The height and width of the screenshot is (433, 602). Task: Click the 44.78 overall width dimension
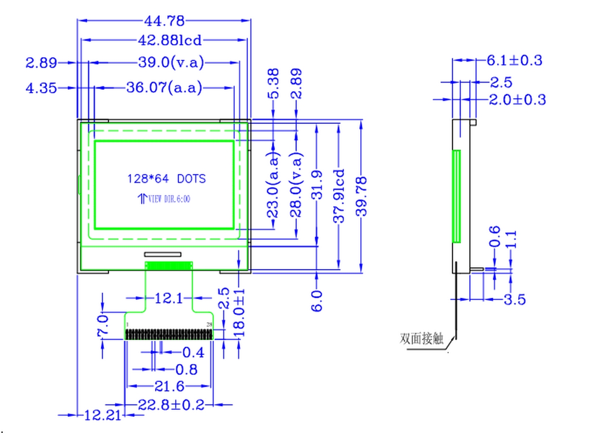pyautogui.click(x=164, y=21)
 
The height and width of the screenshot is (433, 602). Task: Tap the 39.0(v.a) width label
pyautogui.click(x=171, y=63)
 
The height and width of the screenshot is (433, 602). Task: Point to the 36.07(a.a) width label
pyautogui.click(x=164, y=88)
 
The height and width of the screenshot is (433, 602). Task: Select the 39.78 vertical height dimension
pyautogui.click(x=361, y=196)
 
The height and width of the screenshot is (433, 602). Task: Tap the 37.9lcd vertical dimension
pyautogui.click(x=340, y=195)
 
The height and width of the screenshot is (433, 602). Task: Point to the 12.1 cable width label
pyautogui.click(x=169, y=299)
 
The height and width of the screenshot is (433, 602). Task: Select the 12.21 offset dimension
pyautogui.click(x=103, y=415)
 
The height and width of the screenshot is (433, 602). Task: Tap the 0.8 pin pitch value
pyautogui.click(x=186, y=370)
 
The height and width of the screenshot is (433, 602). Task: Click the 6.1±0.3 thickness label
pyautogui.click(x=515, y=61)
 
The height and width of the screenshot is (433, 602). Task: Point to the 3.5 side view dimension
pyautogui.click(x=514, y=300)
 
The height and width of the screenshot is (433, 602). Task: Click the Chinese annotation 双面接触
pyautogui.click(x=422, y=339)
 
